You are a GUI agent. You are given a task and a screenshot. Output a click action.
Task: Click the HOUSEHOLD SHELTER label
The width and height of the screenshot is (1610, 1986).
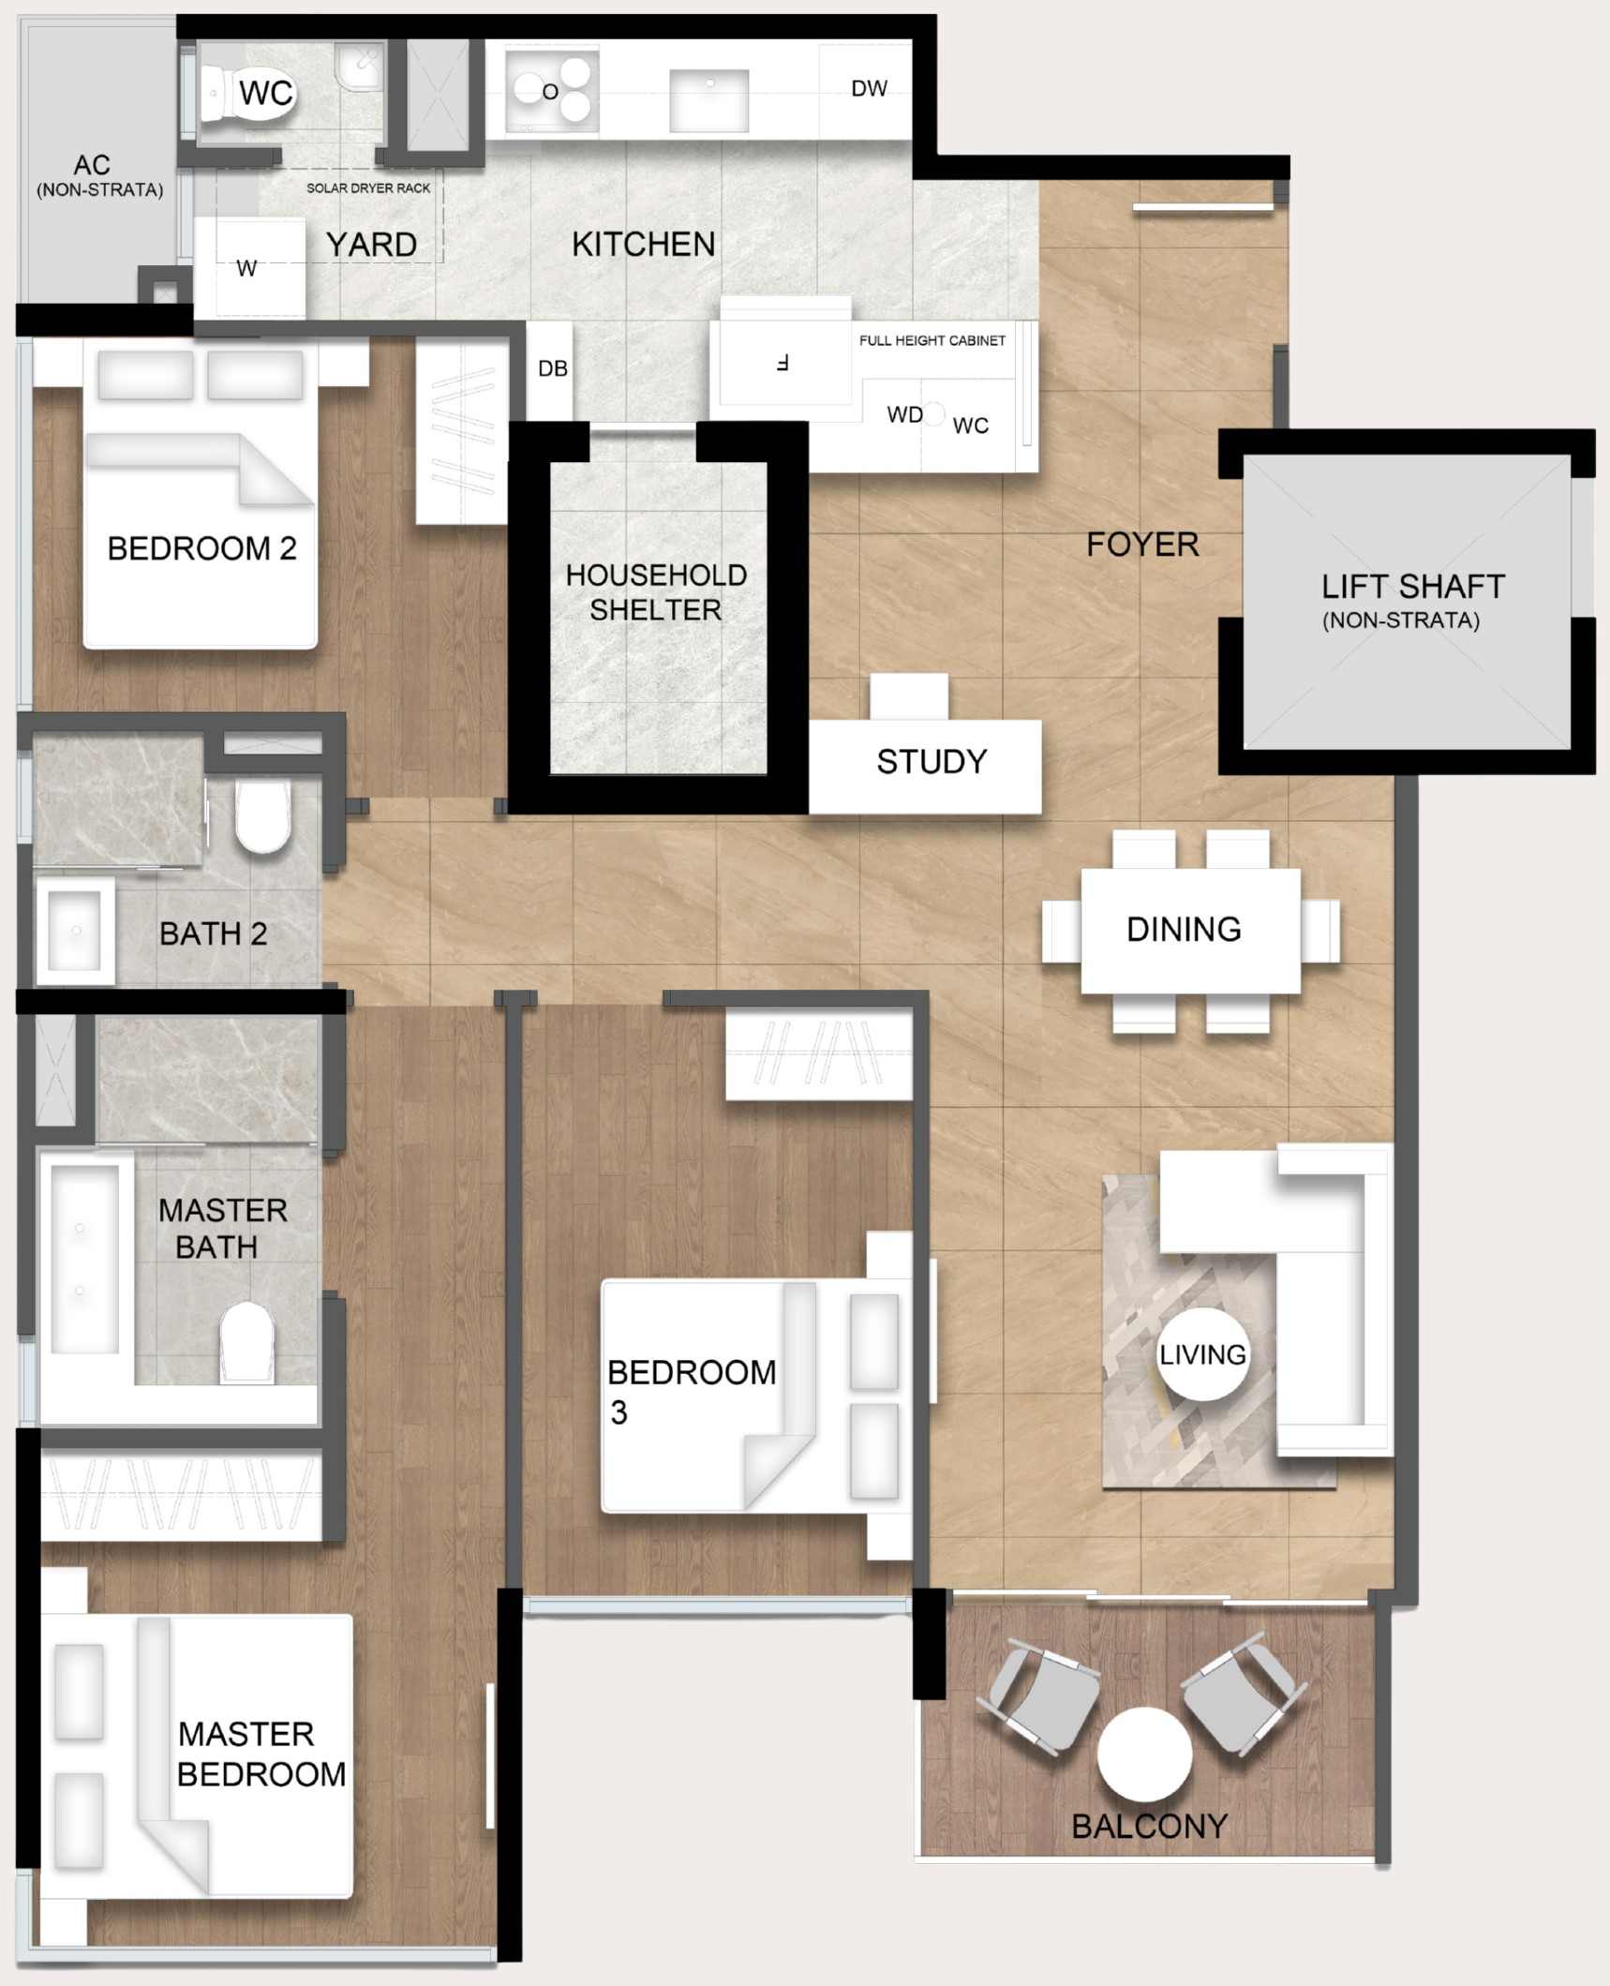(656, 592)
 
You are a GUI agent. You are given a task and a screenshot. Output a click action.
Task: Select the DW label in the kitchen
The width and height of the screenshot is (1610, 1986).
(869, 88)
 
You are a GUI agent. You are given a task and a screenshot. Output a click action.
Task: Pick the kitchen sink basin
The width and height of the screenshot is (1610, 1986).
(708, 100)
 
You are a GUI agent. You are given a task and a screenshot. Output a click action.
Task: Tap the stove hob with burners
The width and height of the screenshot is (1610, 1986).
(551, 92)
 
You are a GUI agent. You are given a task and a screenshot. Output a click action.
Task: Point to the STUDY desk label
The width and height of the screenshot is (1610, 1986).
(932, 762)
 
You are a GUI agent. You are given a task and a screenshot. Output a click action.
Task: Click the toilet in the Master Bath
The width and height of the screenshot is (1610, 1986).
(246, 1342)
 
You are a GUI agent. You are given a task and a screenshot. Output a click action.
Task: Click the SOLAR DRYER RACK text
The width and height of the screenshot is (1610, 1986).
(368, 188)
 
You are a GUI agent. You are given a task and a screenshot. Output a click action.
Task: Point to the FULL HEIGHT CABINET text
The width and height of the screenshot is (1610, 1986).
(932, 340)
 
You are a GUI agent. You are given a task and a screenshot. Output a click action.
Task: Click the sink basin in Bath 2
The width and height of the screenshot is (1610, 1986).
(75, 931)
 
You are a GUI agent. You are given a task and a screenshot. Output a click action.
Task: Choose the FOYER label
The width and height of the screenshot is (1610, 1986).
(1142, 545)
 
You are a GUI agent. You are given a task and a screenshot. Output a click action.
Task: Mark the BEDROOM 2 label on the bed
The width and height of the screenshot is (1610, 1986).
(201, 548)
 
